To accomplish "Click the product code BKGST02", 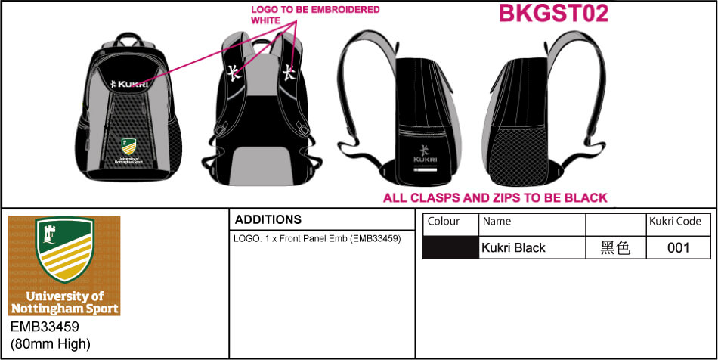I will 553,14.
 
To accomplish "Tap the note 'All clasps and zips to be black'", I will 495,198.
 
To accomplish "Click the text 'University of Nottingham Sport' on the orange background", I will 64,302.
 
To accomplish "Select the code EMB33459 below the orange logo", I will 45,327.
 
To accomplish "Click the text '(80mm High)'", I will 50,344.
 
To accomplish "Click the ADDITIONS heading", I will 268,219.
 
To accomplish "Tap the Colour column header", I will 444,222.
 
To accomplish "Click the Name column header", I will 497,222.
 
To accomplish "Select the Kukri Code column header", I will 675,222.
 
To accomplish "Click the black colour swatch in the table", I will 450,247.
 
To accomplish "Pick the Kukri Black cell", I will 513,247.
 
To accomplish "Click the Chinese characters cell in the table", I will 615,247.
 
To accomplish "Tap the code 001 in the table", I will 678,247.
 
